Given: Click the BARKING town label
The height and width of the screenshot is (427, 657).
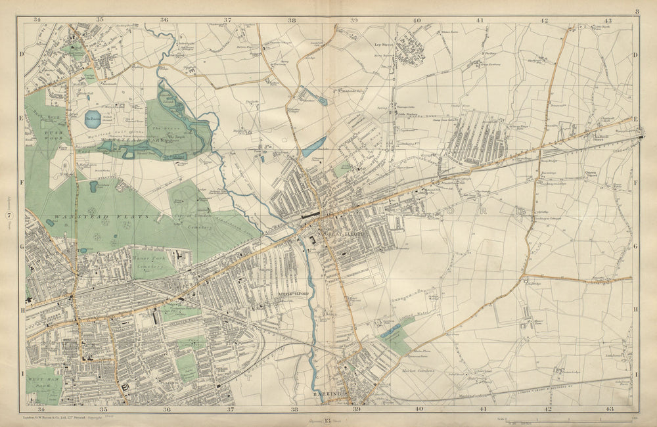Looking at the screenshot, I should (327, 394).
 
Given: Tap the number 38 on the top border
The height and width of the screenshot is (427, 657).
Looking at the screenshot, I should (291, 20).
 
